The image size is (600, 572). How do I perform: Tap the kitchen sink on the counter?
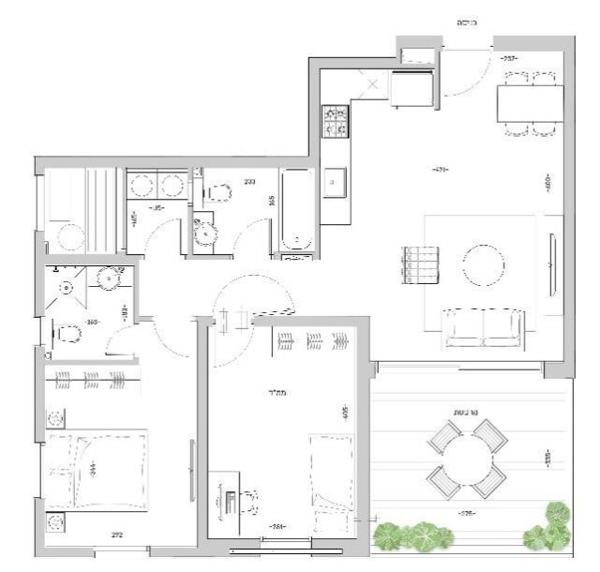tap(335, 184)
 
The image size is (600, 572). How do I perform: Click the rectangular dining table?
tap(531, 102)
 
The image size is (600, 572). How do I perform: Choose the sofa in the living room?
tap(484, 327)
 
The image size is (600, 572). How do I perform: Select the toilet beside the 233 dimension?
tap(218, 193)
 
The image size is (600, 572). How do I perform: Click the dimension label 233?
tap(250, 182)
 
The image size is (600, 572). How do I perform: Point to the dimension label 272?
tap(118, 536)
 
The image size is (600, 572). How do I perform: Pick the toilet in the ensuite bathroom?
tap(66, 334)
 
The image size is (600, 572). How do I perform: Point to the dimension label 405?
tap(346, 411)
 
